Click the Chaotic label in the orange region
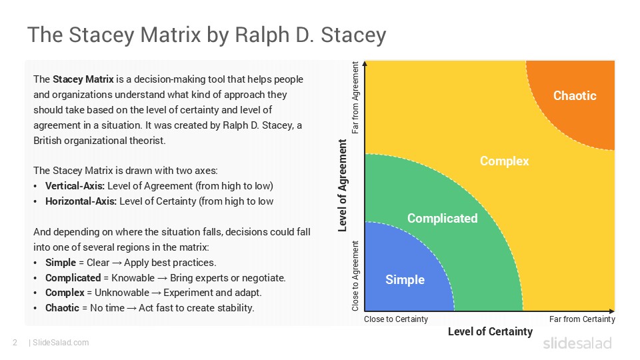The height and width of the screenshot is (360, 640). [575, 95]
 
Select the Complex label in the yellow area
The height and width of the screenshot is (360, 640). [504, 161]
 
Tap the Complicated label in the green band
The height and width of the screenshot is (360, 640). [442, 218]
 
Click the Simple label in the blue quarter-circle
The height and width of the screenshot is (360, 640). [405, 279]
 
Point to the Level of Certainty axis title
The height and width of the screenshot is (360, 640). [490, 331]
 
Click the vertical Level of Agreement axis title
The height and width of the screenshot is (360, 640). [343, 185]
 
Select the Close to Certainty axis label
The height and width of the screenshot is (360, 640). [396, 319]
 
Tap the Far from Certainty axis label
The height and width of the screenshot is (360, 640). [581, 319]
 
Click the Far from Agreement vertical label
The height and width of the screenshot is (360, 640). [355, 98]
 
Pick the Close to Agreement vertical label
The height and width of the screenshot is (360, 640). [355, 275]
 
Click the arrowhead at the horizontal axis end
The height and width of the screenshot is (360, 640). [611, 311]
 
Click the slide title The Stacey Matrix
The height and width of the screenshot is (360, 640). [206, 35]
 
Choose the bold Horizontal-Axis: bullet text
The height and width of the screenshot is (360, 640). [81, 201]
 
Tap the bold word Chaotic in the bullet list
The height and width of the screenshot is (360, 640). [62, 307]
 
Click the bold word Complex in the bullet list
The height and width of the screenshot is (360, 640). [63, 293]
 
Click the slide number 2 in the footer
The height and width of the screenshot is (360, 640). [15, 343]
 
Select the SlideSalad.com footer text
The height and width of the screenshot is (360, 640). [60, 343]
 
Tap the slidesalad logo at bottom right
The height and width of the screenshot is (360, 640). [577, 343]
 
